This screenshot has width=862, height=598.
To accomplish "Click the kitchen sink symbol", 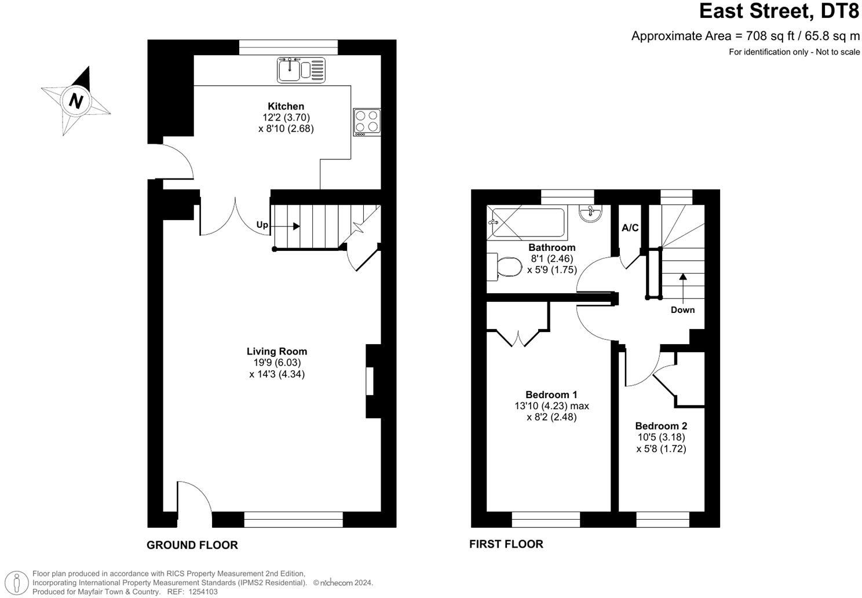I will [x=301, y=70].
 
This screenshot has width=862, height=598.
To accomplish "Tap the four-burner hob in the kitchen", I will [x=367, y=122].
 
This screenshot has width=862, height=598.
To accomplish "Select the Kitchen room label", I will [x=286, y=106].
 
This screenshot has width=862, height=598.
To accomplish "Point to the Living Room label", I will [x=276, y=351].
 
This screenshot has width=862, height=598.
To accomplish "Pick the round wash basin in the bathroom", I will [x=591, y=212].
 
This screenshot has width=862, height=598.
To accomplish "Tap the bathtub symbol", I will [x=526, y=223].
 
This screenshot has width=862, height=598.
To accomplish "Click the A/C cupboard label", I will [x=630, y=228].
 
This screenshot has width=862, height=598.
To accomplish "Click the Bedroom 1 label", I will [x=551, y=395].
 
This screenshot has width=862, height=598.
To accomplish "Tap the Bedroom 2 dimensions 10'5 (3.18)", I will [x=660, y=437].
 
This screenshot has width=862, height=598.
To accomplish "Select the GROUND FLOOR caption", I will [x=192, y=545].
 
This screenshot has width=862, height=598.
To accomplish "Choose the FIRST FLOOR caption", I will [x=506, y=544].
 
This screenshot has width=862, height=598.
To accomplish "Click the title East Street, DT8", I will [x=779, y=12].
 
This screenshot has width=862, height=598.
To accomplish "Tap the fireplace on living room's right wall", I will [x=371, y=381].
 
